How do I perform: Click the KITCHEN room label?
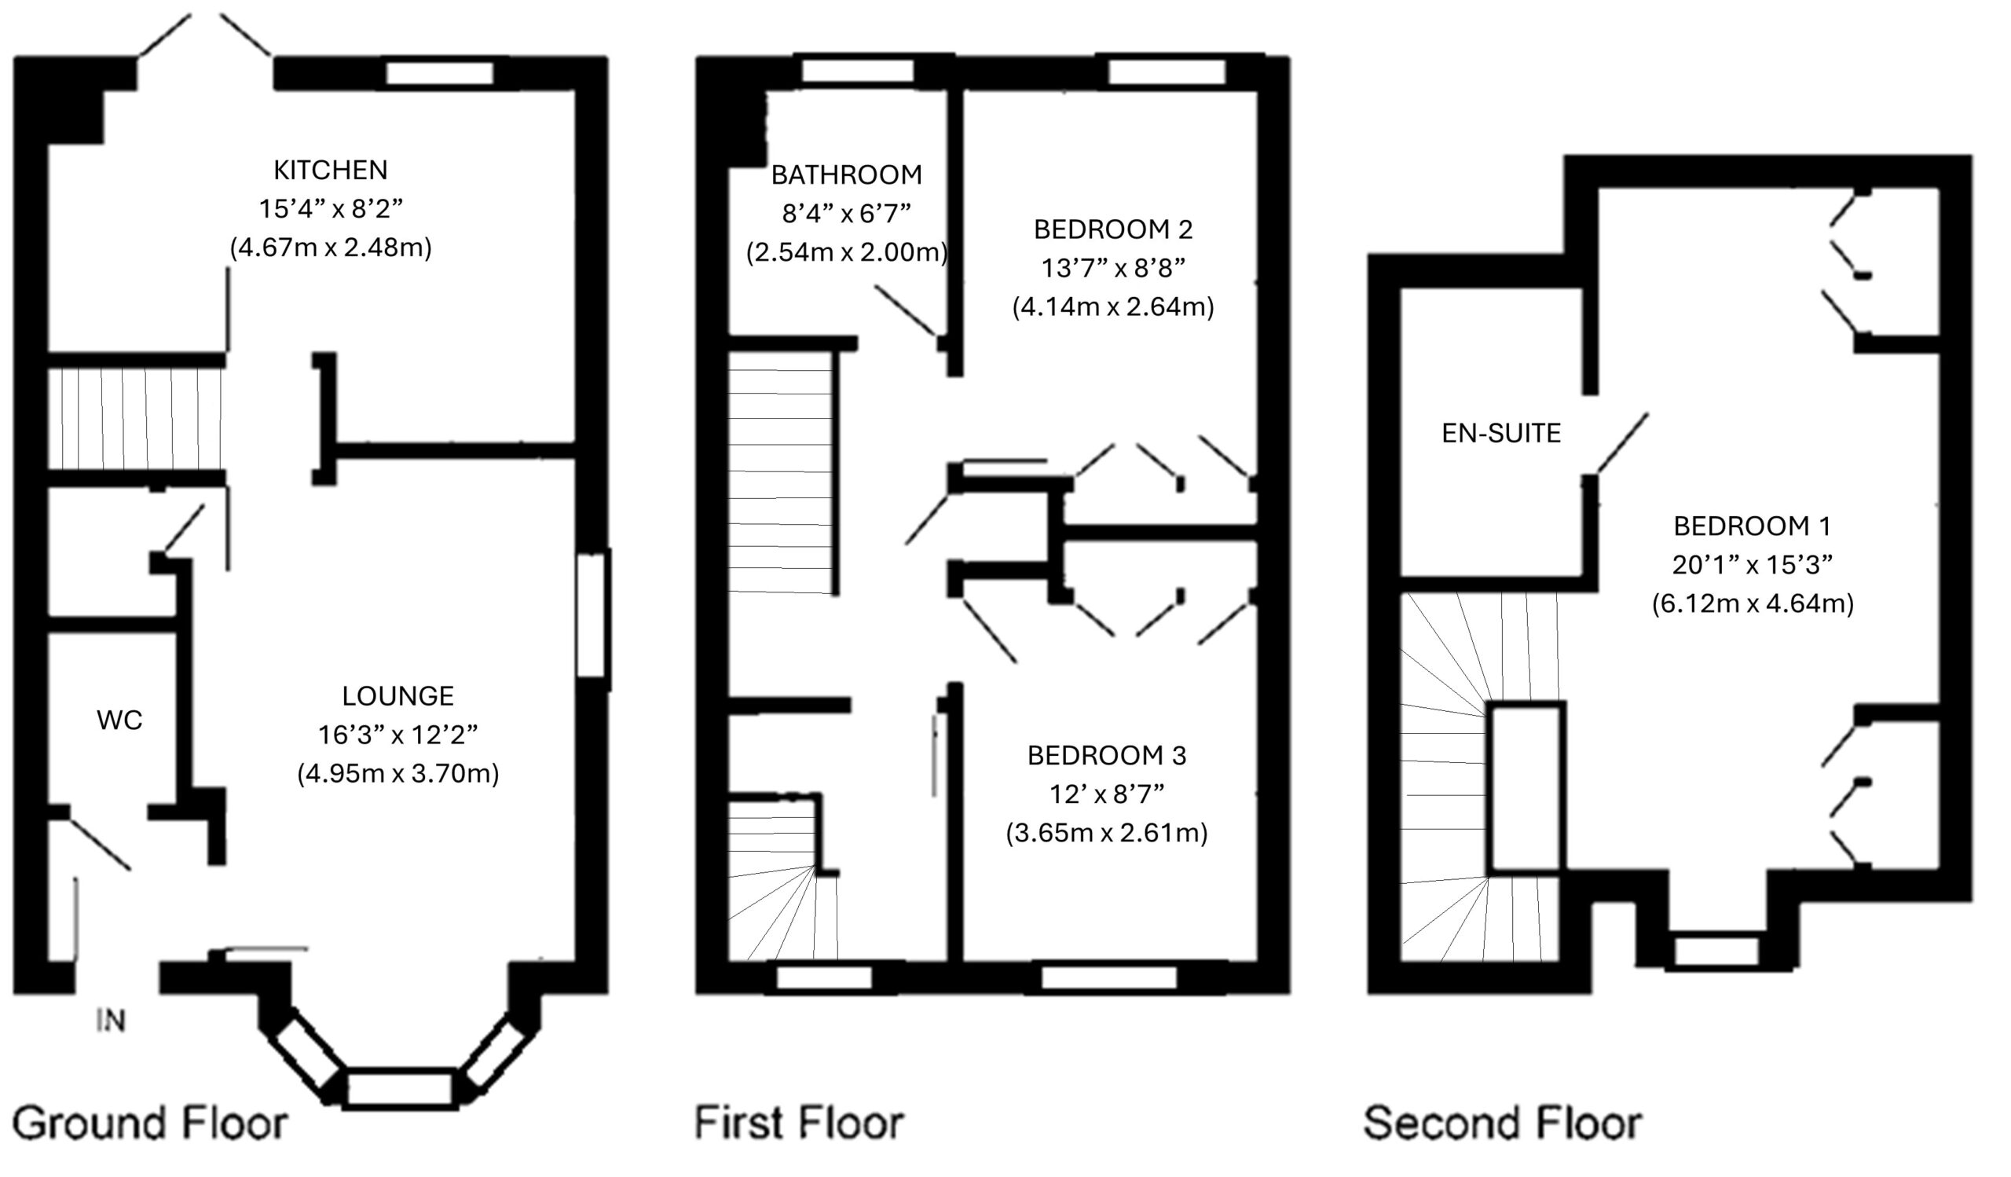(x=331, y=170)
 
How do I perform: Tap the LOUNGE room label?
(x=397, y=696)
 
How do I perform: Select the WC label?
(x=119, y=720)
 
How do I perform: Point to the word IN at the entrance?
(x=111, y=1021)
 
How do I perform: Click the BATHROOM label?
(x=846, y=174)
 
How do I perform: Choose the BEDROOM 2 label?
(x=1112, y=229)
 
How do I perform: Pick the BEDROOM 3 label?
(x=1106, y=756)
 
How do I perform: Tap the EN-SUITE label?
(x=1500, y=433)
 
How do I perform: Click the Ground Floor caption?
(x=150, y=1124)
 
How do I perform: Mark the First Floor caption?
(x=799, y=1124)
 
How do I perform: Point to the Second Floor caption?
(x=1502, y=1124)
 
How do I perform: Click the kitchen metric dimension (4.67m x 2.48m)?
(x=331, y=248)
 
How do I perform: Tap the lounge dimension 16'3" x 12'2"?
(x=397, y=735)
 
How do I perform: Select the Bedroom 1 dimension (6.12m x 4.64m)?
(x=1753, y=604)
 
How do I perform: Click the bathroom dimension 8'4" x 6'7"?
(x=846, y=214)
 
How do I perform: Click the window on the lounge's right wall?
(x=592, y=614)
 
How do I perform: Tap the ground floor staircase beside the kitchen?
(x=136, y=419)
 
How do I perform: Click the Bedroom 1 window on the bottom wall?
(x=1716, y=951)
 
